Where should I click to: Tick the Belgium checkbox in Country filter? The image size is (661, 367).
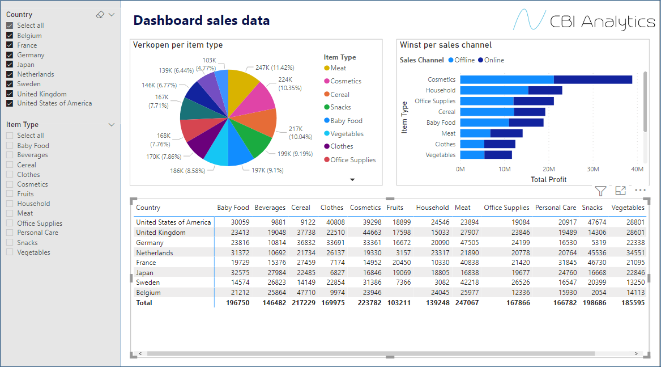pyautogui.click(x=10, y=36)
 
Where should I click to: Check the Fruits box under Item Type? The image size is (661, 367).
pyautogui.click(x=10, y=194)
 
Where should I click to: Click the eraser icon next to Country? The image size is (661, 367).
pyautogui.click(x=100, y=15)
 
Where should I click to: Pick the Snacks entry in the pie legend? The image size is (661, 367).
pyautogui.click(x=340, y=107)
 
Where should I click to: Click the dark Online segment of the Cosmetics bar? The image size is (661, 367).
pyautogui.click(x=592, y=79)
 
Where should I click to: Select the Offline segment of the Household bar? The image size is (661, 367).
pyautogui.click(x=493, y=90)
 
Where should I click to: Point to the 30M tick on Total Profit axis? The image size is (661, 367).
pyautogui.click(x=592, y=169)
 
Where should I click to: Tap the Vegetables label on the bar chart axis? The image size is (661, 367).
pyautogui.click(x=440, y=155)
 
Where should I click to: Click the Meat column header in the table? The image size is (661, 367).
pyautogui.click(x=462, y=208)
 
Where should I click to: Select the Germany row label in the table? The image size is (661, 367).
pyautogui.click(x=150, y=243)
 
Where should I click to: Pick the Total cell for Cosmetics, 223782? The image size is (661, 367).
pyautogui.click(x=368, y=303)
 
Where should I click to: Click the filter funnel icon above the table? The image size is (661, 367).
pyautogui.click(x=600, y=191)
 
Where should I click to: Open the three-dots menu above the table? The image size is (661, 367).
pyautogui.click(x=640, y=191)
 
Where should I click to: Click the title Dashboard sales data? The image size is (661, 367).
pyautogui.click(x=201, y=21)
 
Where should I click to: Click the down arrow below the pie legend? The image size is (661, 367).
pyautogui.click(x=352, y=179)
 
